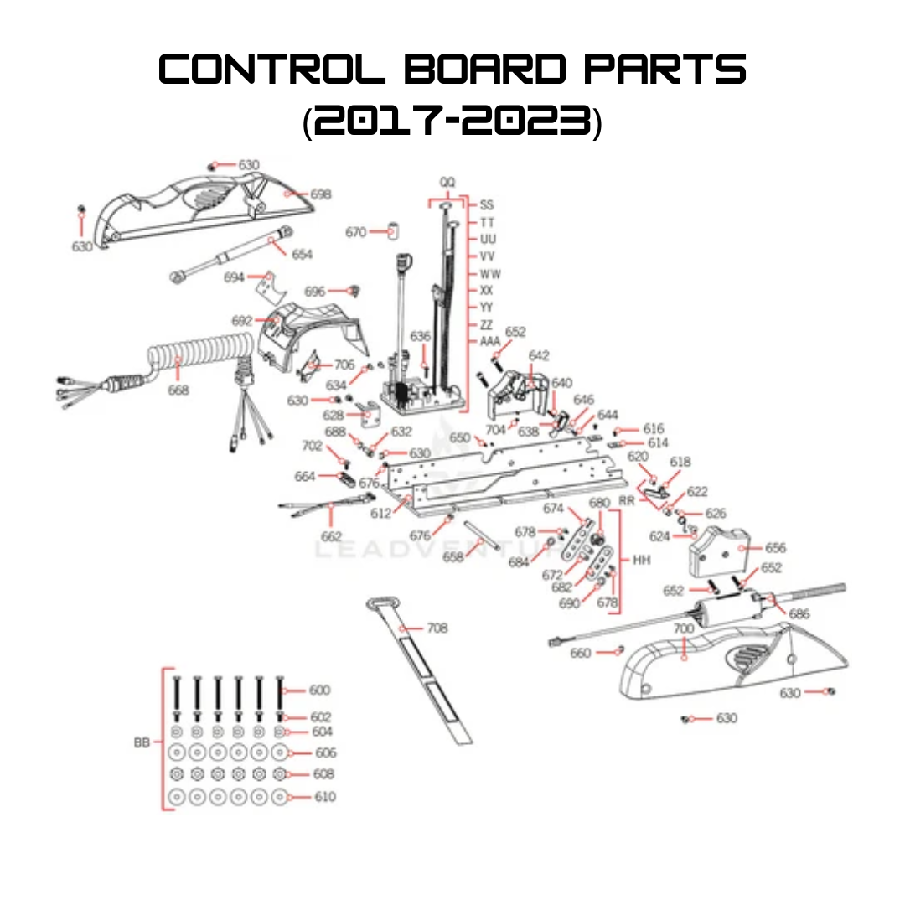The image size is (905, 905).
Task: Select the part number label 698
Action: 320,194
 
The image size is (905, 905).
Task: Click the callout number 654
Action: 302,254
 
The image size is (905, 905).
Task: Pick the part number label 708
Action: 437,628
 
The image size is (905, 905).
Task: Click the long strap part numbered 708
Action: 427,670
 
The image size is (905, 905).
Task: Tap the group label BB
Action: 142,742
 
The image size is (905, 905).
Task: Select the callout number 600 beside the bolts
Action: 319,690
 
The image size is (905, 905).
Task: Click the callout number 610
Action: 324,797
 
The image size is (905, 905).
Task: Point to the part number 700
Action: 684,628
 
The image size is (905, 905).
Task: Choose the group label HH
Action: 642,559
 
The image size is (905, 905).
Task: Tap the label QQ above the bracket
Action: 447,182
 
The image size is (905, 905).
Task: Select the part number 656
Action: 775,547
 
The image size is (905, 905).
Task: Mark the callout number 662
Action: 332,536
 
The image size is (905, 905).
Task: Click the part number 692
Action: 242,321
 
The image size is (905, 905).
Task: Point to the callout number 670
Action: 356,232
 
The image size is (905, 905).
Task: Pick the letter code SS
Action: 487,204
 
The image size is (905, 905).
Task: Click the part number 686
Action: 799,614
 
